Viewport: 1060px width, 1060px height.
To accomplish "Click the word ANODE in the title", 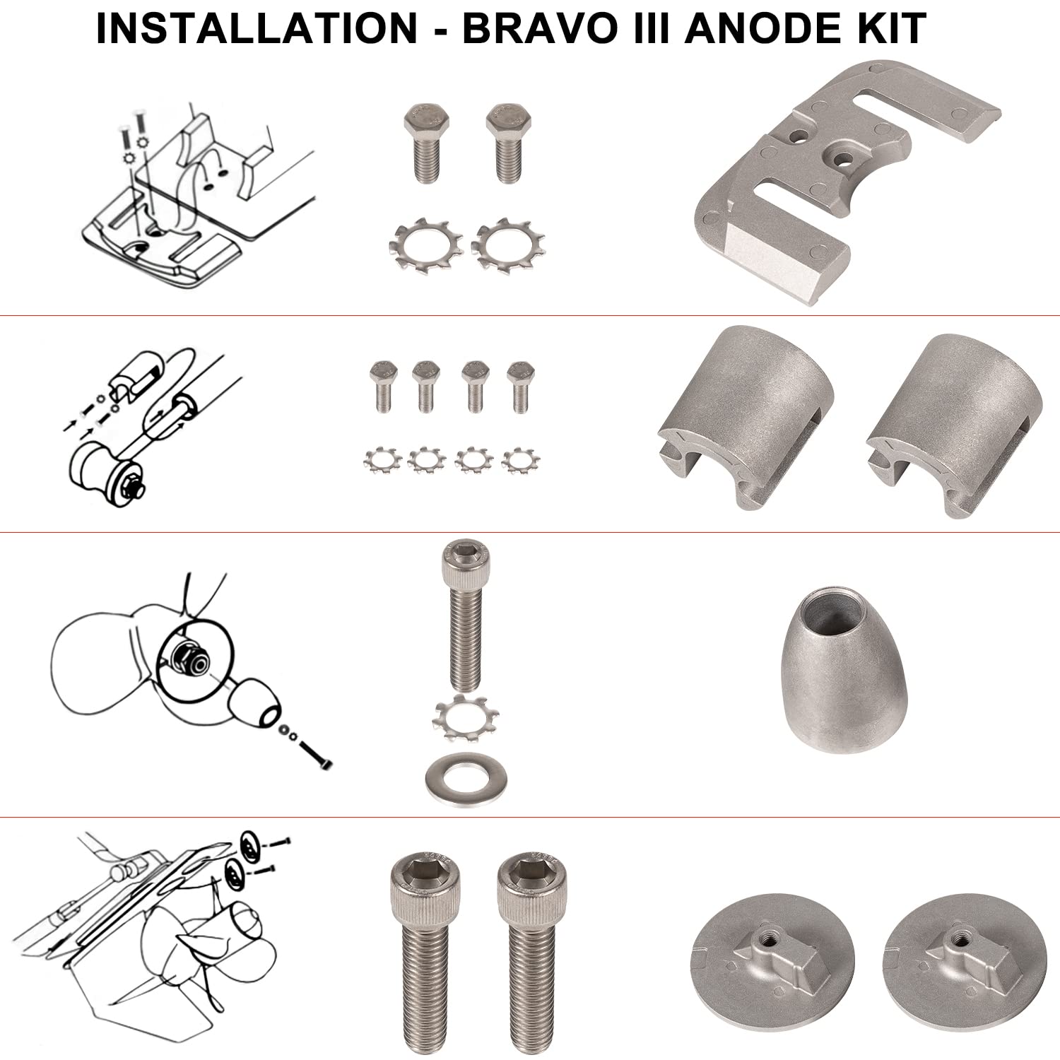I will coord(768,29).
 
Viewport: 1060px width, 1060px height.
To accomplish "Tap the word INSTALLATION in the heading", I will coord(257,29).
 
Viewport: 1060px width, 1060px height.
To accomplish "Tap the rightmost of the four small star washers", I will coord(520,460).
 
